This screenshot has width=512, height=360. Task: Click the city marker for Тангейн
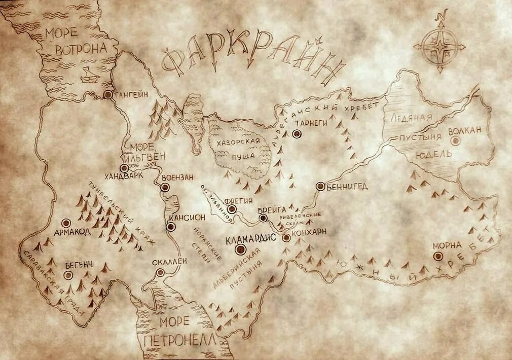[108, 94]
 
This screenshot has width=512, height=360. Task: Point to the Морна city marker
[438, 257]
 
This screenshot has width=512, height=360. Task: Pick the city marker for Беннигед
[320, 187]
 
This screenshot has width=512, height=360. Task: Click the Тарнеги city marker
[297, 134]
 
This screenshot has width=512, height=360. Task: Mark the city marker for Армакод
[66, 223]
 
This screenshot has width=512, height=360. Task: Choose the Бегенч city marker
[68, 275]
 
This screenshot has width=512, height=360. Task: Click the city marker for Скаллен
[161, 272]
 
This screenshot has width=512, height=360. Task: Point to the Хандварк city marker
[124, 168]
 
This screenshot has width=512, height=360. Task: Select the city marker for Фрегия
[232, 209]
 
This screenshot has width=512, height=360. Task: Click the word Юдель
[434, 154]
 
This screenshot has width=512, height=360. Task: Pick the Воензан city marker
[164, 188]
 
